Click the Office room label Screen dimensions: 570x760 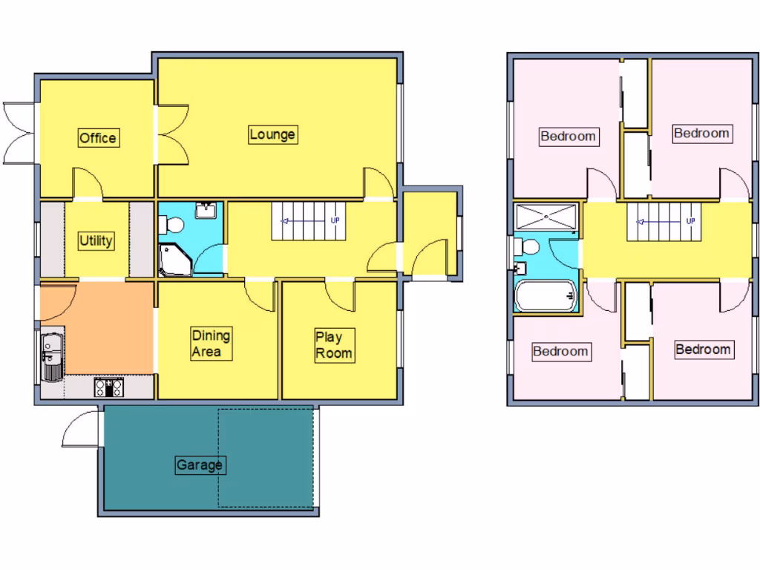click(x=98, y=138)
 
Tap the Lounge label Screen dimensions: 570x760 click(x=272, y=134)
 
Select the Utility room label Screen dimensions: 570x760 click(x=96, y=240)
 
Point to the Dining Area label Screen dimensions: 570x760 click(x=211, y=343)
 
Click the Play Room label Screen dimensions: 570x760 click(x=333, y=345)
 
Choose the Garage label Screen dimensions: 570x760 click(x=200, y=465)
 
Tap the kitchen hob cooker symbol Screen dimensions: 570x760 click(x=108, y=387)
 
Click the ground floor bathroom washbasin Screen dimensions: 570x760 click(x=207, y=211)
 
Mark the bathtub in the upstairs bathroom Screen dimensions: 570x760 click(x=546, y=295)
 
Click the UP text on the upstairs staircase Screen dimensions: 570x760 click(x=690, y=220)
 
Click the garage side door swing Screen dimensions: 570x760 click(x=80, y=430)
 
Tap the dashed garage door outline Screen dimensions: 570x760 click(x=266, y=457)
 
